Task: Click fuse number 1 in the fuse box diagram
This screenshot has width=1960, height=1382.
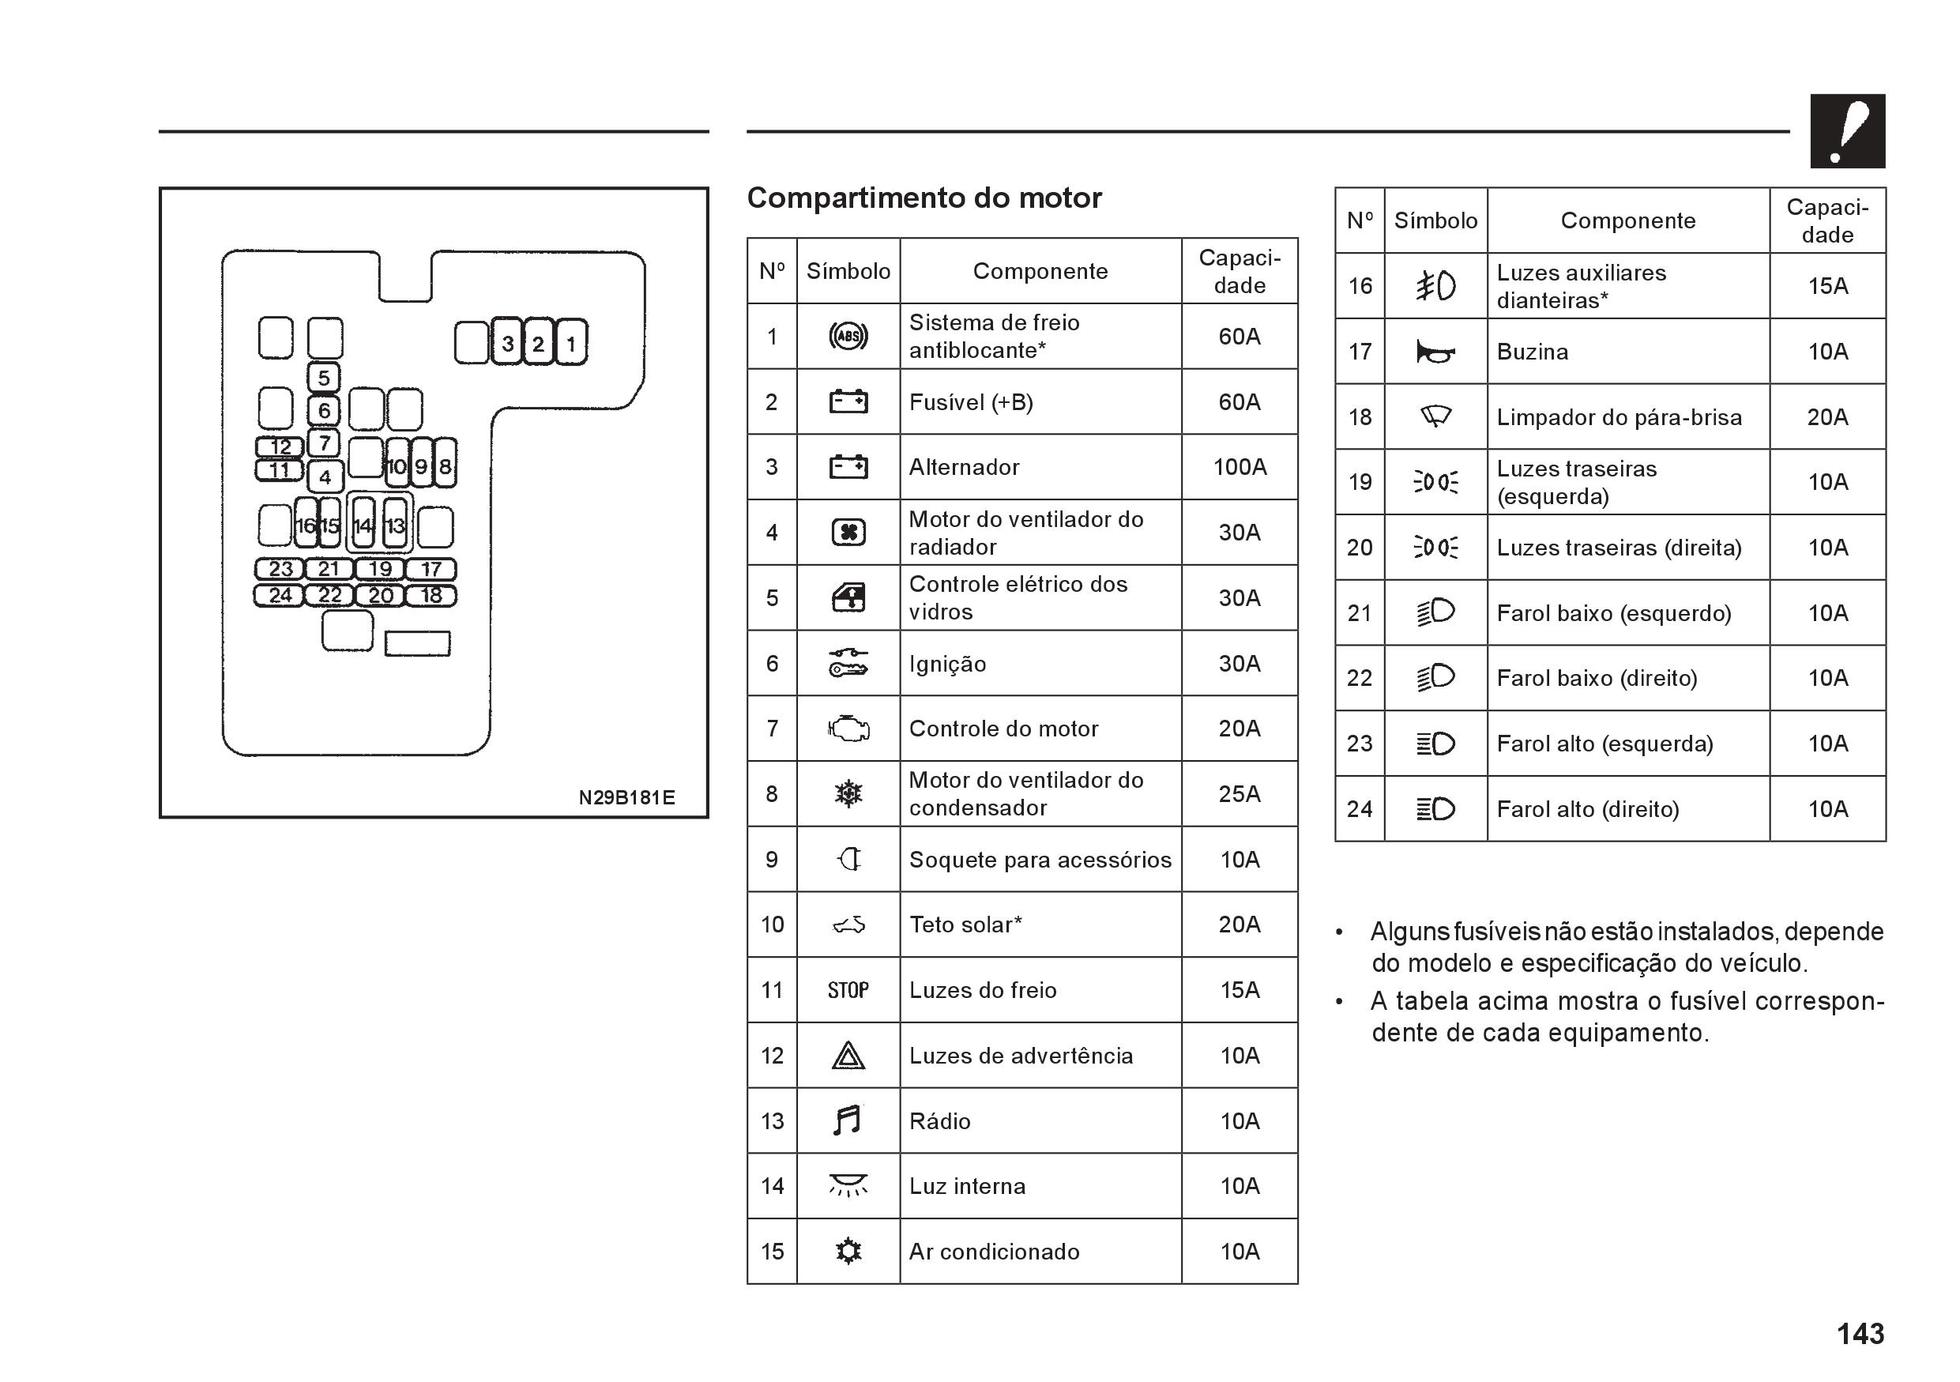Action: (x=571, y=343)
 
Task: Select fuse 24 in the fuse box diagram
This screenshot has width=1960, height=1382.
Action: (x=280, y=595)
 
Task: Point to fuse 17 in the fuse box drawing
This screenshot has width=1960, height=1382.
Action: (x=431, y=568)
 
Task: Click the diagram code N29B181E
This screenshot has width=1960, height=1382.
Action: (x=626, y=797)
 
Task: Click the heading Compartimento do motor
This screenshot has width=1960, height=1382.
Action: (x=924, y=198)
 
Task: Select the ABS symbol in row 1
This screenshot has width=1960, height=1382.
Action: (x=848, y=337)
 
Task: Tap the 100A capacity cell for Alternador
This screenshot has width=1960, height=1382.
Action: (x=1240, y=467)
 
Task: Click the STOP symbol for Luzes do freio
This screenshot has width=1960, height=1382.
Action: (x=848, y=990)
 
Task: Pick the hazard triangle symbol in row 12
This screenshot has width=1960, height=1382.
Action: (x=848, y=1056)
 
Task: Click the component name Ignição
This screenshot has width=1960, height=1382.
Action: (x=947, y=664)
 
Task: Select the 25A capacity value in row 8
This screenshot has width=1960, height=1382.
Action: (x=1240, y=794)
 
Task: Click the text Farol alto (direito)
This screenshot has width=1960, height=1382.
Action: (x=1587, y=809)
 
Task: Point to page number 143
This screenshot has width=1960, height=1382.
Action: (x=1860, y=1333)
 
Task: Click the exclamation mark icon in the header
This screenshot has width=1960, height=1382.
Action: (x=1847, y=131)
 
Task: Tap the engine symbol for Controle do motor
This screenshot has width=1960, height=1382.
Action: (x=848, y=729)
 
